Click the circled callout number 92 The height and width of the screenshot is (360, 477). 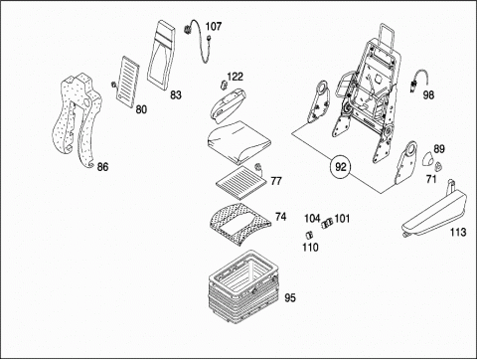coord(341,167)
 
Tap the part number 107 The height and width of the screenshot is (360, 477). coord(214,26)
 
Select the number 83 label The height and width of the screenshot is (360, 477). coord(176,95)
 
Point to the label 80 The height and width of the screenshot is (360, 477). coord(141,109)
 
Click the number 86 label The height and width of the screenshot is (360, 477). coord(102,167)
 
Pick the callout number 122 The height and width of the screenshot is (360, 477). coord(235,77)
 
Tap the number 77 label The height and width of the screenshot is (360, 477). coord(276,181)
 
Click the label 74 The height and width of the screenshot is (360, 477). coord(280,217)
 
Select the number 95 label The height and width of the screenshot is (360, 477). coord(290,298)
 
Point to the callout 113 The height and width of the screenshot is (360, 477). coord(458,232)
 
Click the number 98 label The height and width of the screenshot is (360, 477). coord(428,95)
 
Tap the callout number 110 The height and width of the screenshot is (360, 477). coord(310,248)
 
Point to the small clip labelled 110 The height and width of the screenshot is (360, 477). coord(309,235)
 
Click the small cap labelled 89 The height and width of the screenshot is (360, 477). coord(428,158)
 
